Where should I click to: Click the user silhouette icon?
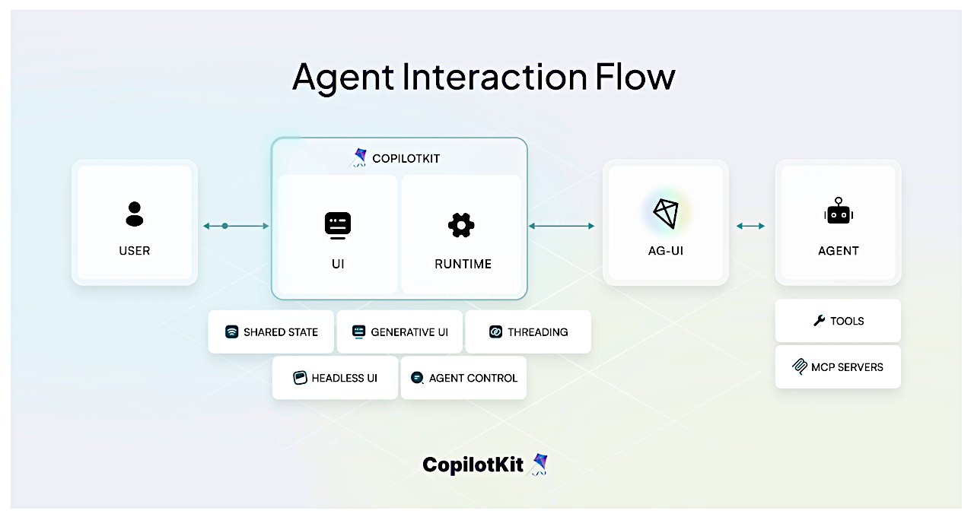135,214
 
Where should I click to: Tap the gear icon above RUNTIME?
461,225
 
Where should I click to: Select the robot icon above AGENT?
838,213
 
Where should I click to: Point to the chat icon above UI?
337,225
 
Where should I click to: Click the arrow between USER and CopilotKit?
236,226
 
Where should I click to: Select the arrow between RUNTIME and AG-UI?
561,226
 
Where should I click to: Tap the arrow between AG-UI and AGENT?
751,226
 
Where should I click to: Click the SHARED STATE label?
281,332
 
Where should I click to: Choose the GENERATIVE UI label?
409,332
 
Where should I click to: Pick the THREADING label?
537,332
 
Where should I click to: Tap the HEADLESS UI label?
344,378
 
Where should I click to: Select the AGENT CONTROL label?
473,378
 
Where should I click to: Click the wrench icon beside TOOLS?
819,321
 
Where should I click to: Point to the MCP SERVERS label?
847,367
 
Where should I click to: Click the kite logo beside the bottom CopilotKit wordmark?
540,465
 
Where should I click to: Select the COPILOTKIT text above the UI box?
406,159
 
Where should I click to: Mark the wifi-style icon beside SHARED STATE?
232,332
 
